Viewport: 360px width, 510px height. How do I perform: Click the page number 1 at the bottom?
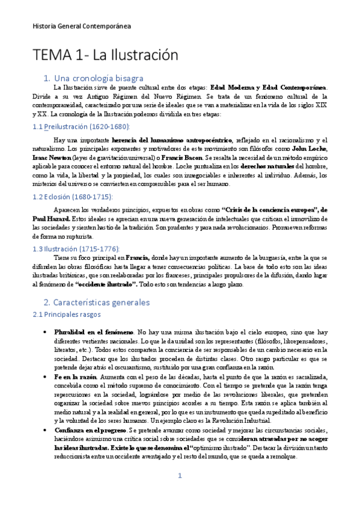coord(179,492)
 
